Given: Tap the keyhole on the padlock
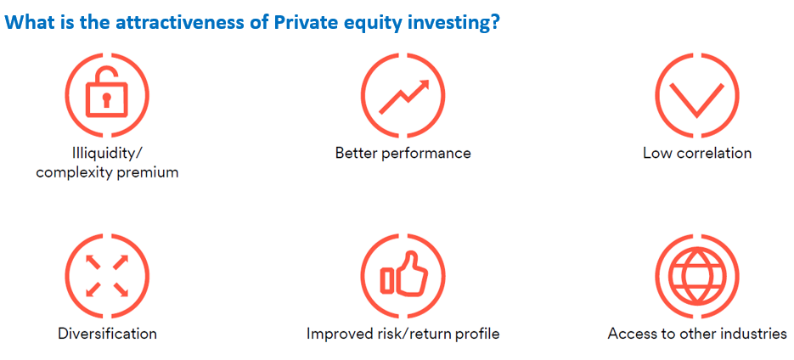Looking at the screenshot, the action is click(107, 99).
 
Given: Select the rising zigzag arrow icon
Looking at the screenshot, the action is click(403, 96).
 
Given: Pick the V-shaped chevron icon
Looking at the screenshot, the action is click(697, 99).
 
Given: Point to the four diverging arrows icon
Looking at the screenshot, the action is click(107, 275).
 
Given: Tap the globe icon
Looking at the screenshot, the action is click(697, 275).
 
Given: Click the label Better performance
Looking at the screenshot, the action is click(403, 153).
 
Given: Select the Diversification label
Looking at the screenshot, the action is click(107, 335).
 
